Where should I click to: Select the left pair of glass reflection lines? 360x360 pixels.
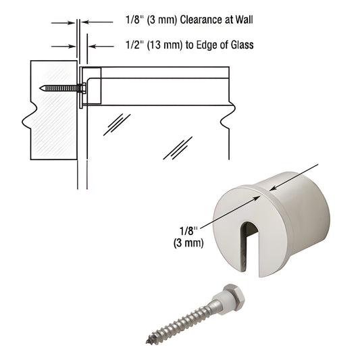pyautogui.click(x=116, y=125)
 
